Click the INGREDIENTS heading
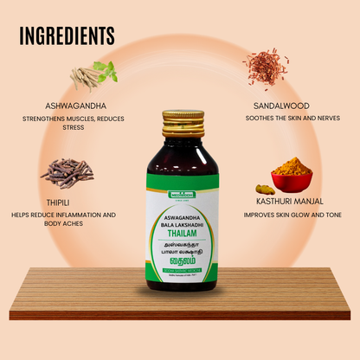coord(66,35)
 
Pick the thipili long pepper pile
coord(67,172)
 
